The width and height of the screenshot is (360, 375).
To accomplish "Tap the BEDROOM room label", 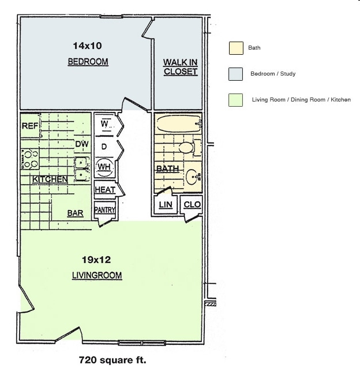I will click(x=88, y=62).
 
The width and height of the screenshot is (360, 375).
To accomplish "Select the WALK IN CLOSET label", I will click(x=180, y=67).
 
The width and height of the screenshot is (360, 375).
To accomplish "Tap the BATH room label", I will click(x=167, y=168).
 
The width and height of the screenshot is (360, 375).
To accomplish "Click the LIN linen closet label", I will click(x=166, y=205).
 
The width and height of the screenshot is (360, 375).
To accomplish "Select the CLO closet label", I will click(x=192, y=205).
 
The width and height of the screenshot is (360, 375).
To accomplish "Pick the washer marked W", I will click(x=105, y=124).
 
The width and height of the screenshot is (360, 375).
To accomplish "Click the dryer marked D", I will click(x=104, y=147).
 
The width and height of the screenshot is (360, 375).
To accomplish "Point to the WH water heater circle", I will click(x=104, y=167).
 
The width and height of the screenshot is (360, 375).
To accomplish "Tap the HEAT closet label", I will click(x=104, y=190).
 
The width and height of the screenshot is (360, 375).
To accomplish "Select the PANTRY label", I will click(x=104, y=210).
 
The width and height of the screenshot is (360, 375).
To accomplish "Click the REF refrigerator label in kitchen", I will click(x=30, y=126).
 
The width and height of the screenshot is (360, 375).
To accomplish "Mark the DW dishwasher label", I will click(x=82, y=144).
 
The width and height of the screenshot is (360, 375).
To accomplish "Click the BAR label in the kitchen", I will click(x=75, y=213).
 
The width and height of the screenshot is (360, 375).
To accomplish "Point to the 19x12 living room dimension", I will click(x=96, y=259).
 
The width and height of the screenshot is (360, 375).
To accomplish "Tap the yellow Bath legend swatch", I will click(x=235, y=48).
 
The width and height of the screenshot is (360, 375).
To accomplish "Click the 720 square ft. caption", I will click(x=112, y=361).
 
